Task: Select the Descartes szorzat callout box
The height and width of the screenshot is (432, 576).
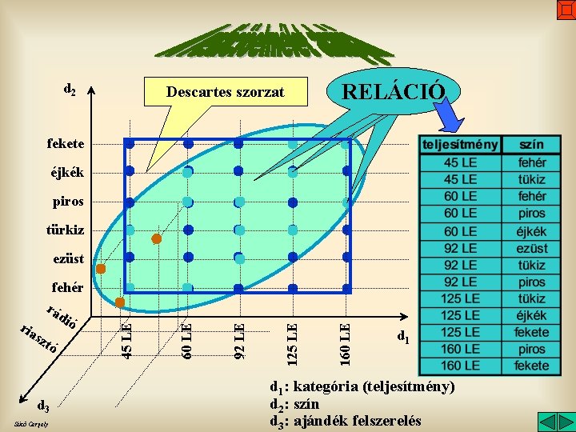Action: click(225, 92)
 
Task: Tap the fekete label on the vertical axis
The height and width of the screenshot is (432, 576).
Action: click(65, 144)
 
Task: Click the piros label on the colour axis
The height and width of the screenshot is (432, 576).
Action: click(67, 202)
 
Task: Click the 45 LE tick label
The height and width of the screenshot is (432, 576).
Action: click(126, 339)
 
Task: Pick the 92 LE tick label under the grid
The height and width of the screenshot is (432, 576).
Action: click(238, 339)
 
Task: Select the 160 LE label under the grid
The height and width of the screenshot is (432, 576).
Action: click(345, 339)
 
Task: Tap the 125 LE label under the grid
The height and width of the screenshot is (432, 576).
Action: click(292, 339)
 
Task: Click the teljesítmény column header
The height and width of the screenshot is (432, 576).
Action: click(460, 145)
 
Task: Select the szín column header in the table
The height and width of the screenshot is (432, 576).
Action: click(531, 145)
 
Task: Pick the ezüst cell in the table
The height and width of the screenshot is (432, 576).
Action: click(531, 249)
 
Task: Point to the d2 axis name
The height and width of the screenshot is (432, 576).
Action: click(70, 90)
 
